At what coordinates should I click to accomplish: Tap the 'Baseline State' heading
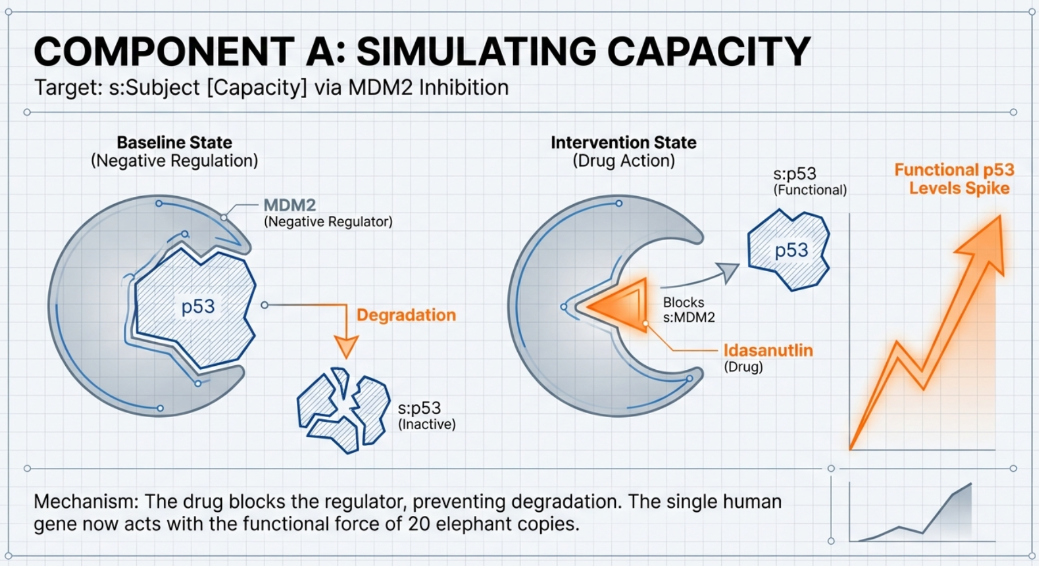coord(174,143)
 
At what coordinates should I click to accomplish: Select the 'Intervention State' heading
coord(623,143)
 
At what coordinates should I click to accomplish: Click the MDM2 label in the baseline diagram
coord(289,205)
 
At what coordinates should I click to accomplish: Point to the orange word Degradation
coord(406,315)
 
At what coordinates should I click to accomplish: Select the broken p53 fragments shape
coord(343,410)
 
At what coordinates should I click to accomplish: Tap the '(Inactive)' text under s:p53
coord(427,425)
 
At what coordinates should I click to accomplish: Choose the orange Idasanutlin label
coord(768,350)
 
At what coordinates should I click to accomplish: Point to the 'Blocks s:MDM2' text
coord(688,310)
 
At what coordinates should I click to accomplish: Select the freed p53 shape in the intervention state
coord(789,250)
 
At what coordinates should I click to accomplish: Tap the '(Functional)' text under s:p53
coord(810,190)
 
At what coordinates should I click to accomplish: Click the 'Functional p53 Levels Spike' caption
coord(954,179)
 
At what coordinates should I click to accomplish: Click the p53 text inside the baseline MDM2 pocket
coord(198,306)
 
